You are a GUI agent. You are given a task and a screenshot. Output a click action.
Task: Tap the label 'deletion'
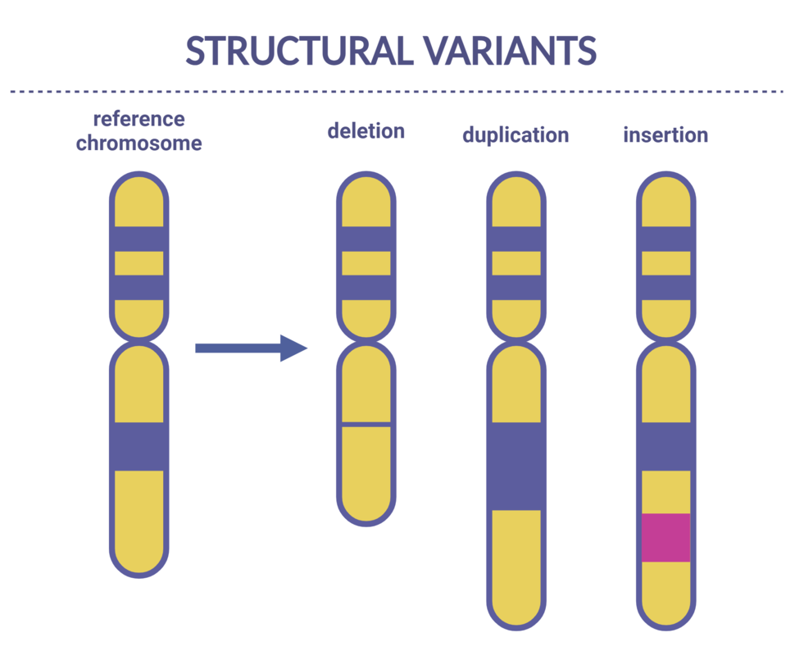click(366, 130)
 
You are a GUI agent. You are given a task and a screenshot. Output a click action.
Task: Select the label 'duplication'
click(515, 134)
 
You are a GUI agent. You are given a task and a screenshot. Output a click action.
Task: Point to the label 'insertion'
click(666, 134)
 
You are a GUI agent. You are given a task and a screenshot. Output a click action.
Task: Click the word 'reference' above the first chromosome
click(139, 119)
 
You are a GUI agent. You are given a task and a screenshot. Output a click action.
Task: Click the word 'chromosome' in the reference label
click(139, 143)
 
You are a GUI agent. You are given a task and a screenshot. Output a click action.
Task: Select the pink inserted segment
click(666, 538)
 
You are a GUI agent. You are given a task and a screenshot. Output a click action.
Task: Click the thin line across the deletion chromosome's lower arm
click(366, 425)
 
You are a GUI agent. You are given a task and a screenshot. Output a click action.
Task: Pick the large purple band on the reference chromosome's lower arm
click(139, 446)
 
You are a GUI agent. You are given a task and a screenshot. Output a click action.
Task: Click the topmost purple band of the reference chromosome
click(139, 239)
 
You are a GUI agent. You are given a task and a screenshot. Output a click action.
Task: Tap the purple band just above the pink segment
click(666, 446)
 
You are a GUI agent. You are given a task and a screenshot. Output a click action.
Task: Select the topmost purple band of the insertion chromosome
click(666, 239)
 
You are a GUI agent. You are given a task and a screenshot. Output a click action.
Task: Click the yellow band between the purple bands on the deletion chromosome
click(366, 263)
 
